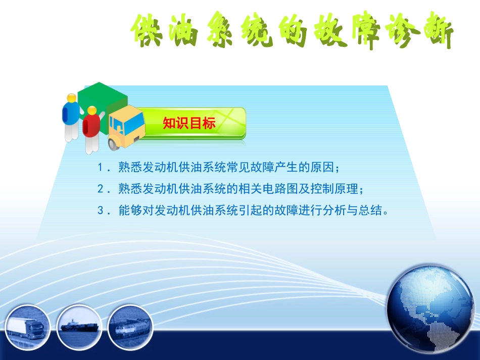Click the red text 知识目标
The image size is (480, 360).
click(x=189, y=123)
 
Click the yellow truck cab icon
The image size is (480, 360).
click(x=126, y=126)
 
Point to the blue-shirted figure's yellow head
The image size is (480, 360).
click(x=72, y=97)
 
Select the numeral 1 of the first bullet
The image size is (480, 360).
click(x=100, y=167)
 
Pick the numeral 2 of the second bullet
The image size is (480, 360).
click(x=100, y=189)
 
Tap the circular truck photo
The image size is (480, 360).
click(x=28, y=327)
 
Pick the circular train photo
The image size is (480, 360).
click(x=130, y=327)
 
